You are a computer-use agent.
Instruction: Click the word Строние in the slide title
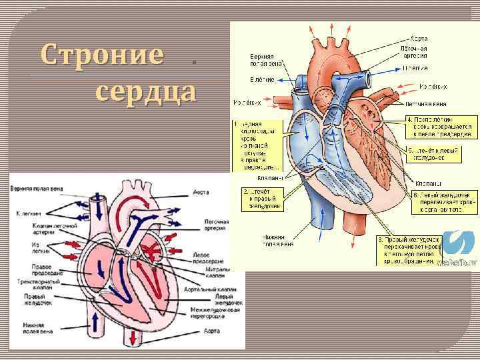tap(101, 54)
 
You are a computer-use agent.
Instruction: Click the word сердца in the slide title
tap(146, 91)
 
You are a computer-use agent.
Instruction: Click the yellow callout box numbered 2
tap(264, 199)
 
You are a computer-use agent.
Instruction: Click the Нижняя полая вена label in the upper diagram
tap(279, 240)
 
